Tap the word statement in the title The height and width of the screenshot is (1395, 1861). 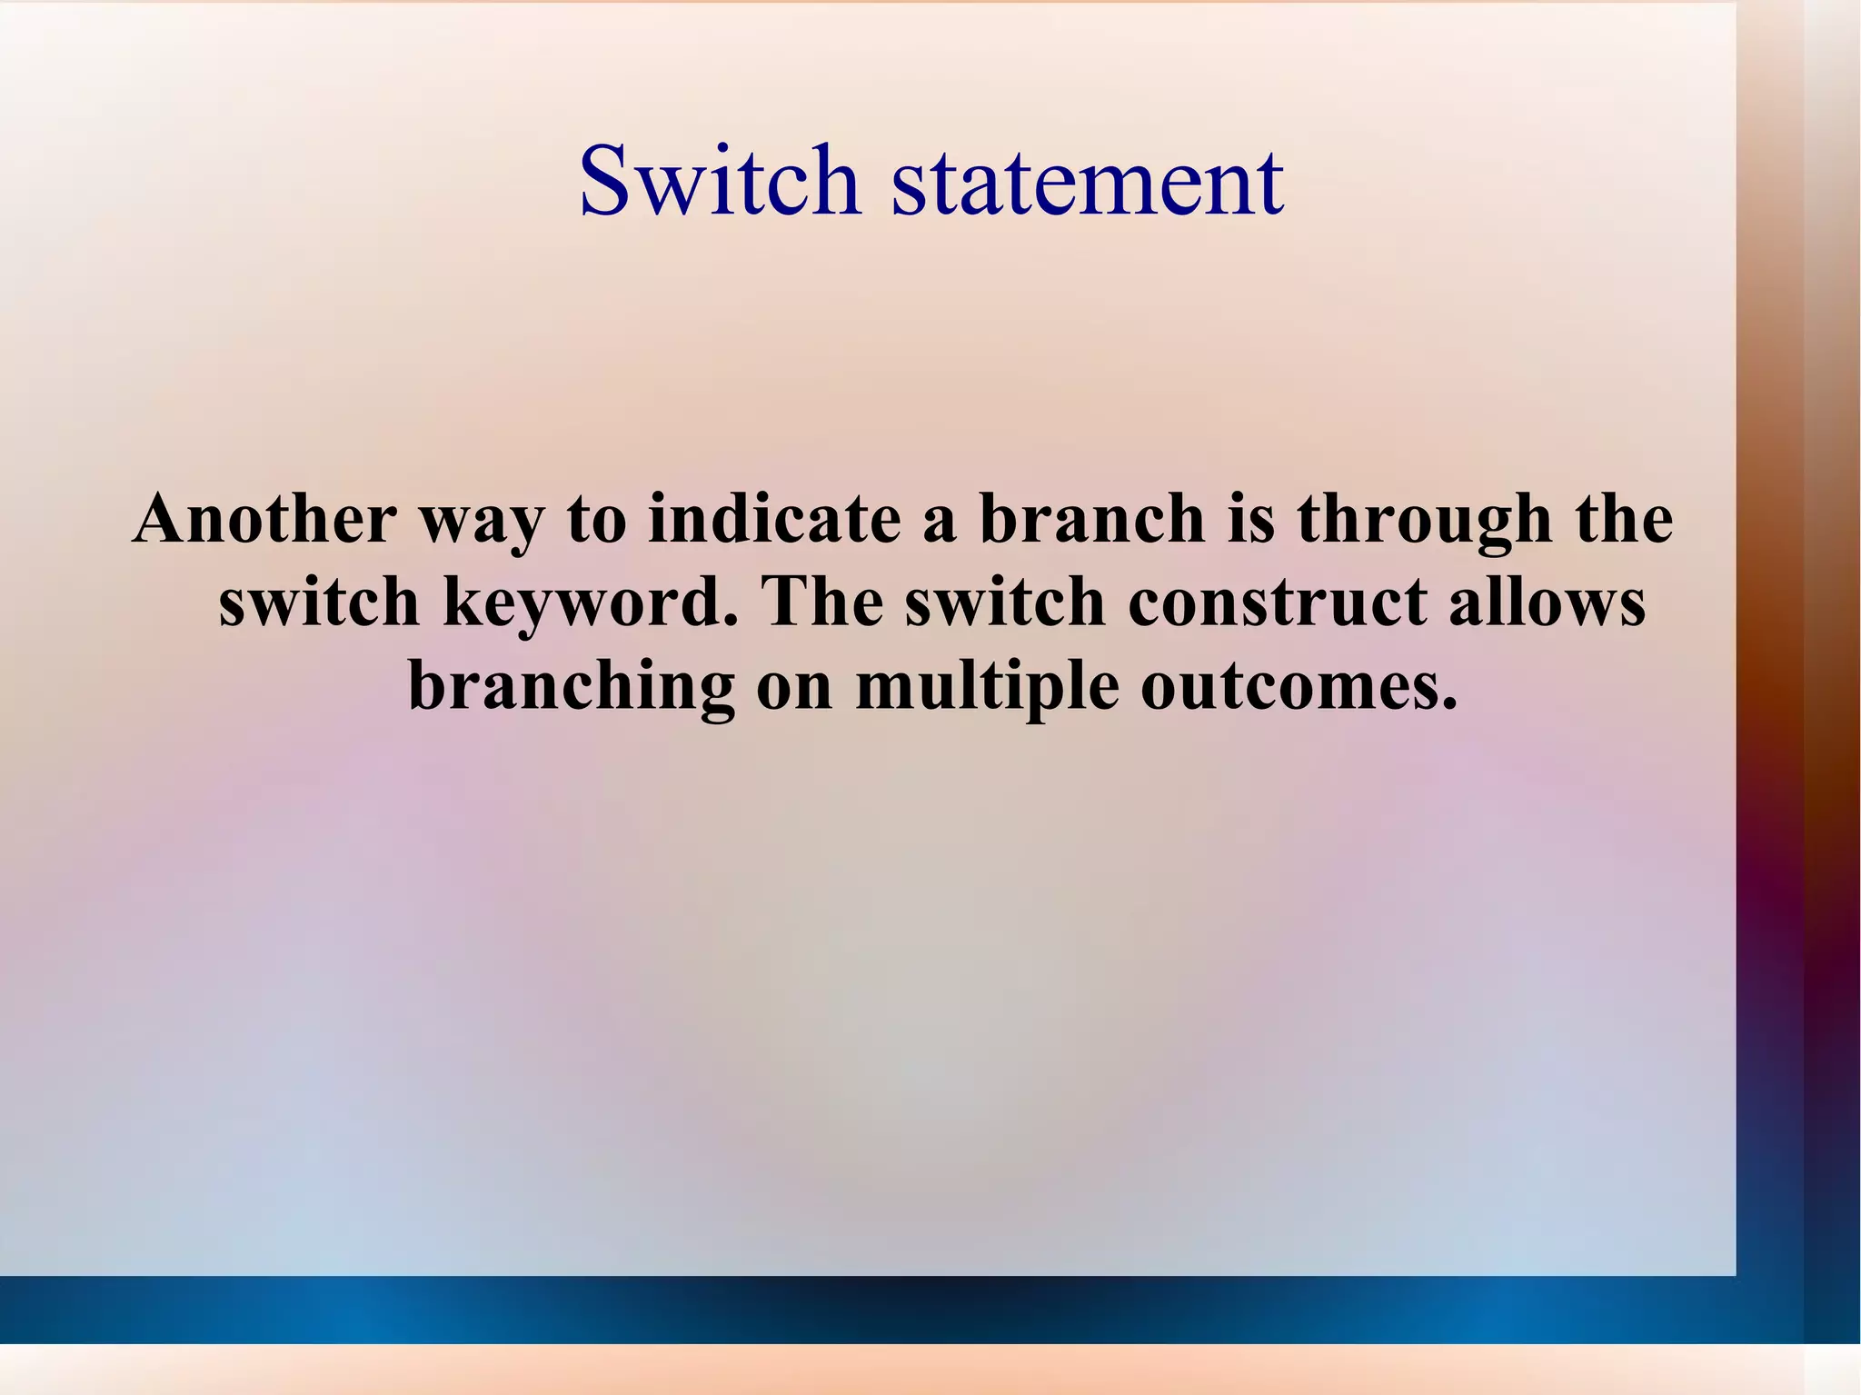(x=1088, y=182)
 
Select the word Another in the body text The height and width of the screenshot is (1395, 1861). (x=264, y=518)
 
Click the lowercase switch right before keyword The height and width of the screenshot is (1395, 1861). (x=319, y=602)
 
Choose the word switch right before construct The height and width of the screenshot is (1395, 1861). (x=1005, y=602)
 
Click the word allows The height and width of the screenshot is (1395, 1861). (x=1547, y=602)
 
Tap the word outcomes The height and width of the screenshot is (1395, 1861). (x=1299, y=686)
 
